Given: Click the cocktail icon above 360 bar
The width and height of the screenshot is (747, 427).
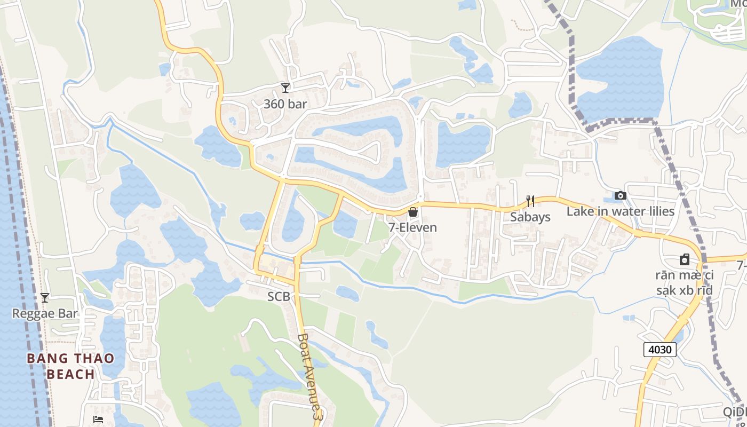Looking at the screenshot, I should point(285,88).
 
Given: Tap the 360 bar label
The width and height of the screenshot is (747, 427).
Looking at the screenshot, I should point(285,104).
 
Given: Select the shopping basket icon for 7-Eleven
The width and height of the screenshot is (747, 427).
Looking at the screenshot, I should point(412,212).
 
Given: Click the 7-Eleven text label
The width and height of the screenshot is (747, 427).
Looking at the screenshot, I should point(412,227).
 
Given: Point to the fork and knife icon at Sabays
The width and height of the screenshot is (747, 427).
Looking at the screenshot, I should point(530,201).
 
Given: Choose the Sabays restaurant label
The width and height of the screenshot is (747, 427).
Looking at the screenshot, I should point(530,217).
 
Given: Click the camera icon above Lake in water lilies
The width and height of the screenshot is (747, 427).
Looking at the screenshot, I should point(620,196).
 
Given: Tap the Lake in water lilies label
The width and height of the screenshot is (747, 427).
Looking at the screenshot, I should point(621,211).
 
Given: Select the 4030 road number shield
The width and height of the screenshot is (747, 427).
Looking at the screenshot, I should point(659,350).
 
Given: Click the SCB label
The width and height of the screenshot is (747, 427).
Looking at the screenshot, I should point(279,297).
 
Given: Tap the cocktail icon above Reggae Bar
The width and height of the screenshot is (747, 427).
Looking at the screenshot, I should point(45,298).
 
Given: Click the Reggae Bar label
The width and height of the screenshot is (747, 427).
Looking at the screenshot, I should point(45,313).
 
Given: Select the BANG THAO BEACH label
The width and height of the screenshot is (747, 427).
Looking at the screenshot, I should point(70,366).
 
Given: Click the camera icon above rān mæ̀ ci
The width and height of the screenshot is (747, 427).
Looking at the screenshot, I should point(685,260).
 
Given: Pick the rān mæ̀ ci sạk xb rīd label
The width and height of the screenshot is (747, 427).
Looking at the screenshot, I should point(685,283).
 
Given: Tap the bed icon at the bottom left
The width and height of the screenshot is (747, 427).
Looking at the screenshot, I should point(98,420).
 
